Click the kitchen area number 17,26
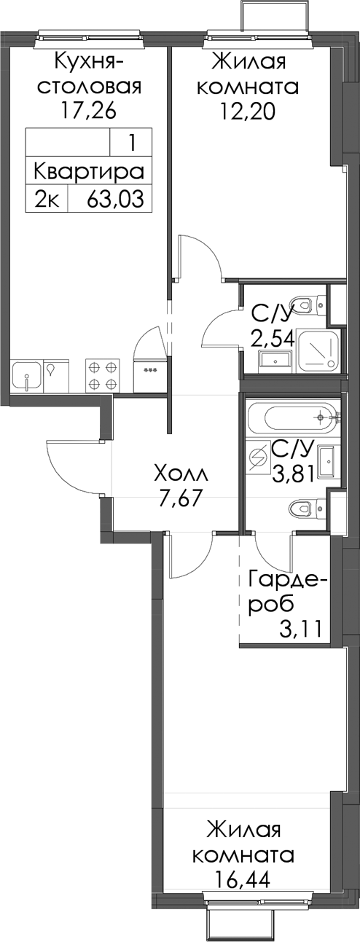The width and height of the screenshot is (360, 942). (88, 111)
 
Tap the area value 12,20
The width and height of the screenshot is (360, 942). (247, 111)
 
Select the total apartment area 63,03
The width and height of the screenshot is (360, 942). (115, 198)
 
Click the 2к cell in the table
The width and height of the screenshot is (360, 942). (46, 198)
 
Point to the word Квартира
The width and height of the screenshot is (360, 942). (88, 172)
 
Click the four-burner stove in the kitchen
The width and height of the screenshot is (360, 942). (102, 375)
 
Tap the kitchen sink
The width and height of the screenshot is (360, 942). (27, 375)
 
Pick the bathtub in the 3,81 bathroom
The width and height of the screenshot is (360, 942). (292, 417)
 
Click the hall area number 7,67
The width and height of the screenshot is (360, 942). (179, 501)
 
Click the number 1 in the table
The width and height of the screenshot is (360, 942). (132, 144)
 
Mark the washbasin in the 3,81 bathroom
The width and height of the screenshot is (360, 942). (326, 463)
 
